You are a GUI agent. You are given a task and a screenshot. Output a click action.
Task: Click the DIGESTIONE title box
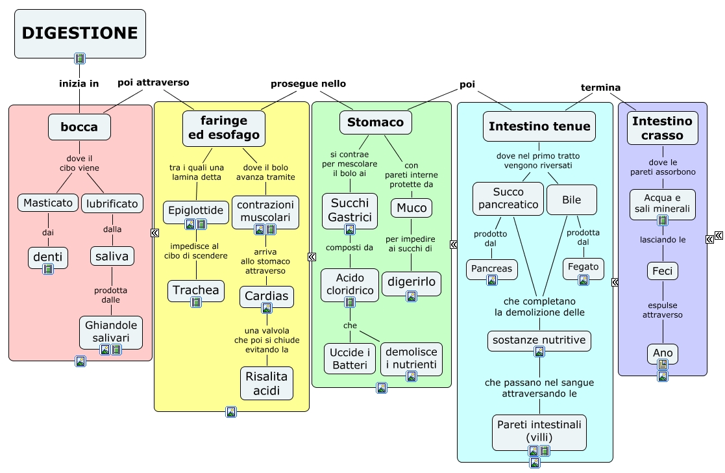pos(80,34)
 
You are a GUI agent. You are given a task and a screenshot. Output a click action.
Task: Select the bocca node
pos(80,127)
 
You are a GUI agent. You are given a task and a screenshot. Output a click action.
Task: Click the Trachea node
pos(196,290)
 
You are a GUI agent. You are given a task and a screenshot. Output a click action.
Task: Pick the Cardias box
pos(266,296)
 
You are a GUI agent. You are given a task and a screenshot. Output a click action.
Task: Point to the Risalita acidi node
pos(267,383)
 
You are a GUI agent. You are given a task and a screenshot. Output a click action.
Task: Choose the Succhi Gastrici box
pos(350,211)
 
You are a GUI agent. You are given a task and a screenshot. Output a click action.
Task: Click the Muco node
pos(412,208)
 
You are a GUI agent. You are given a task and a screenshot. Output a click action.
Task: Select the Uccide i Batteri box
pos(350,359)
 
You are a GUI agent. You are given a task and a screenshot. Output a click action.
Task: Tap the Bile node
pos(571,200)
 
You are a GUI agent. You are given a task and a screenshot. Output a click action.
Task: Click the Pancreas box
pos(491,270)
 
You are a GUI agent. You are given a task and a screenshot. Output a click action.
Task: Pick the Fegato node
pos(584,268)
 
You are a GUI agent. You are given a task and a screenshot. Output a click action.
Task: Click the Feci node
pos(662,271)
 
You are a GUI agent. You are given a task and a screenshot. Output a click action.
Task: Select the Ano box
pos(663,354)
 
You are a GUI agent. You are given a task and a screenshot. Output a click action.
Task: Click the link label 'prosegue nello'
pos(308,84)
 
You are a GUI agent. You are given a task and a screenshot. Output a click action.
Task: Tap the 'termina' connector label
pos(600,88)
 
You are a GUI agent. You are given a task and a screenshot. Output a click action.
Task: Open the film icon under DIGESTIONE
pos(80,58)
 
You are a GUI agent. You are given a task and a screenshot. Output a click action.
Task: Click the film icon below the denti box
pos(48,268)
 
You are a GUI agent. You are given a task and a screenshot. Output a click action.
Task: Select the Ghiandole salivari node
pos(111,332)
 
